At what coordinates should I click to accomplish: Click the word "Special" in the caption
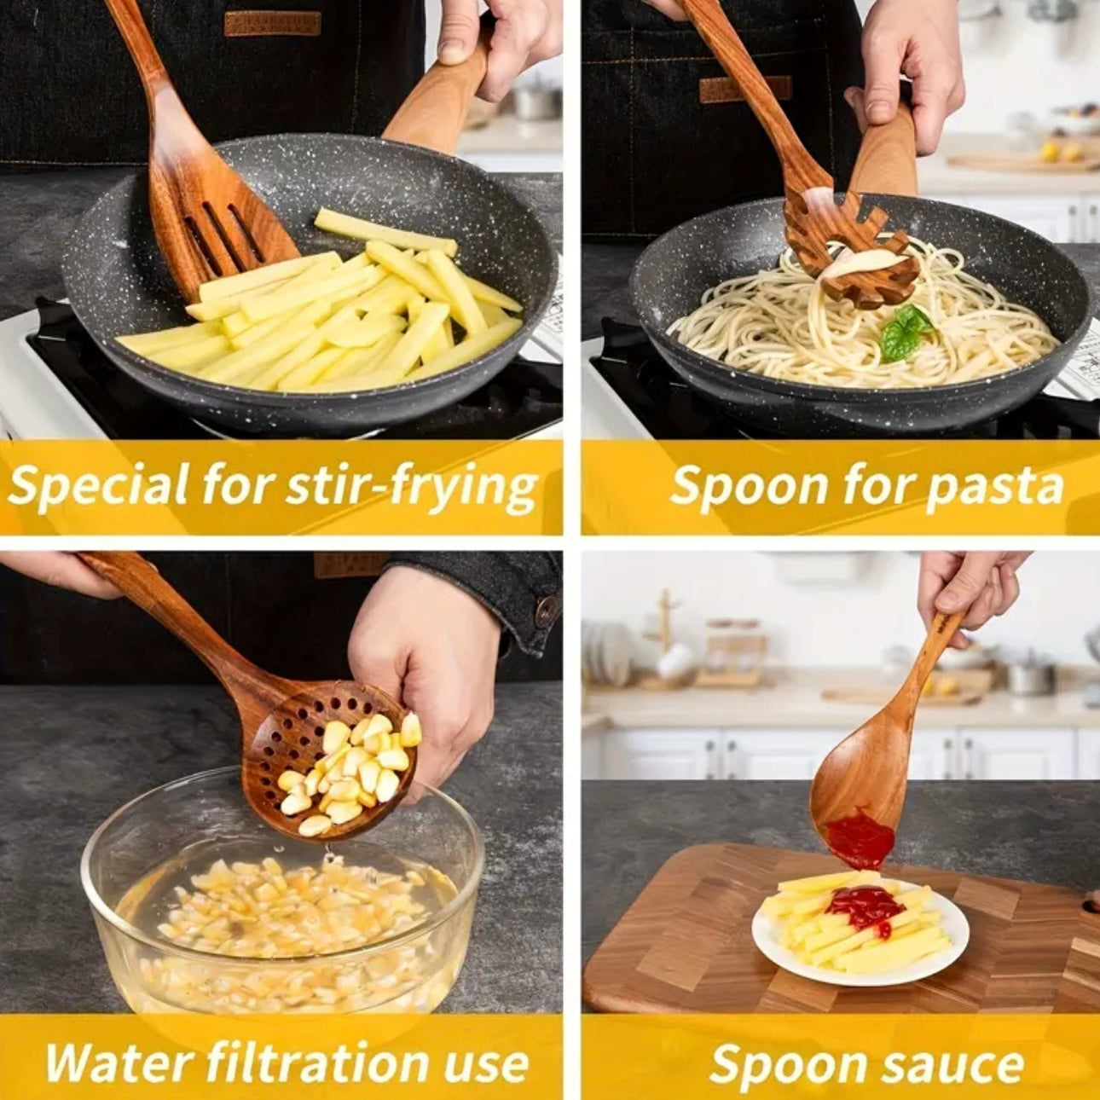(98, 487)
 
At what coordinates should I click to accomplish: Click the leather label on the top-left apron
(272, 23)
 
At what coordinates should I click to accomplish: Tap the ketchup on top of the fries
(866, 906)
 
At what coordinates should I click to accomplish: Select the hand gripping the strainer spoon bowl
(426, 665)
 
